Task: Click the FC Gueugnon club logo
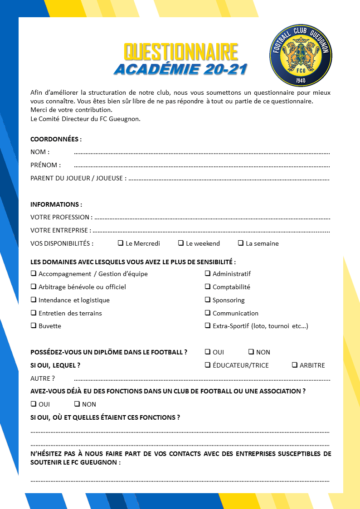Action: point(300,55)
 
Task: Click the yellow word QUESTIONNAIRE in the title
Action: point(181,53)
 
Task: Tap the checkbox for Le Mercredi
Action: point(121,243)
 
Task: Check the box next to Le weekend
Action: point(181,243)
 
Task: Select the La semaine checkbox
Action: point(241,243)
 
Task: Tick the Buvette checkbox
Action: point(34,325)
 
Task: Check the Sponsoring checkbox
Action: point(208,300)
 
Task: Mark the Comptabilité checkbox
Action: point(208,286)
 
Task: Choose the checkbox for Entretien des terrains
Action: point(34,313)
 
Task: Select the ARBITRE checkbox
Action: point(295,365)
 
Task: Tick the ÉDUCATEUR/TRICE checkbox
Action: point(208,365)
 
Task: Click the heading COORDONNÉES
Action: point(56,139)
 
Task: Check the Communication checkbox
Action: point(208,313)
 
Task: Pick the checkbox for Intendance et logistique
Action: point(34,300)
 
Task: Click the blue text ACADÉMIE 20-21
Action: point(180,69)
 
